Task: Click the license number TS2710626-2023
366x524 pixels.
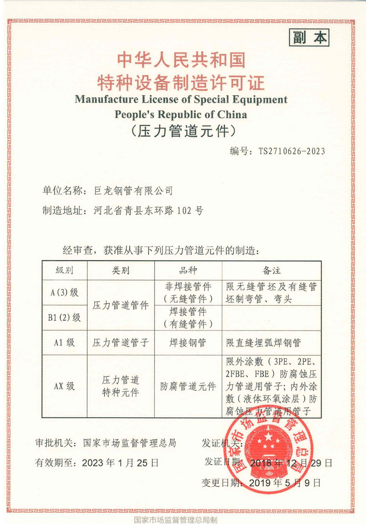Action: point(291,151)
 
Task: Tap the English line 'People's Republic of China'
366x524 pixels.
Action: point(181,114)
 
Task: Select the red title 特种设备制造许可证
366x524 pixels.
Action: point(181,82)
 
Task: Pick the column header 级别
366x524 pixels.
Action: point(64,270)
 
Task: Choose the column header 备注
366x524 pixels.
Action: point(271,270)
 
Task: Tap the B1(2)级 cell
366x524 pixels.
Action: point(65,317)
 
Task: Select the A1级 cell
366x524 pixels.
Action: point(65,342)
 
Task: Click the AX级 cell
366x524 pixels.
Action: point(65,386)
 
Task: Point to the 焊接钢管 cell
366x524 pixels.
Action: point(188,342)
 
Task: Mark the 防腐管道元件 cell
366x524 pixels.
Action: point(188,386)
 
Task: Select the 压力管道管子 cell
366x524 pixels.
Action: point(121,342)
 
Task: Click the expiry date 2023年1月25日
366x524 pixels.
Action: point(120,463)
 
